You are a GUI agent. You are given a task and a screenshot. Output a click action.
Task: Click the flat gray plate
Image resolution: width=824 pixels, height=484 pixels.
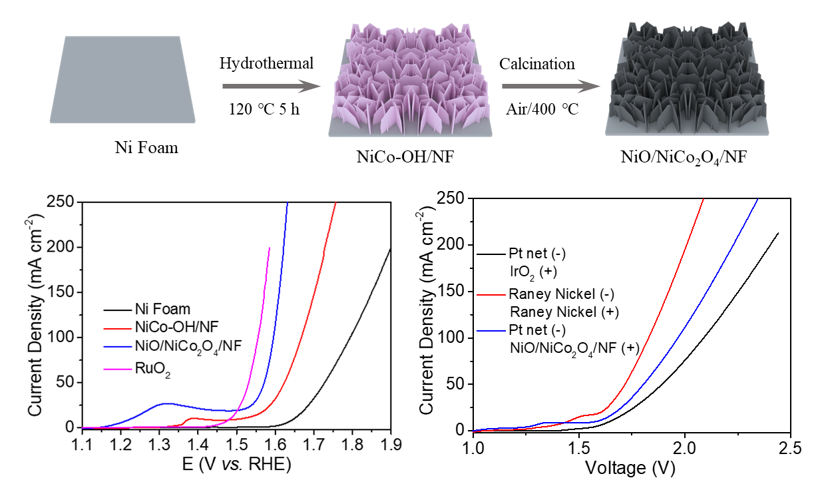coord(122,80)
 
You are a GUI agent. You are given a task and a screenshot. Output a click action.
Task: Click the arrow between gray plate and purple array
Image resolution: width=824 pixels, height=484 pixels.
coord(266,86)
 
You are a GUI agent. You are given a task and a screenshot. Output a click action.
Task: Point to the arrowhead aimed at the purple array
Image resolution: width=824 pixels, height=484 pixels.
coord(310,86)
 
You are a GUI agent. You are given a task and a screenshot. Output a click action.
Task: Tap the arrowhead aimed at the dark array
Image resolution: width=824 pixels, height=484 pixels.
coord(590,86)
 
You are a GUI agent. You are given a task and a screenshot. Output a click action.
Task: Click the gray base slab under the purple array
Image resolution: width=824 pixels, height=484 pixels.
coord(410,132)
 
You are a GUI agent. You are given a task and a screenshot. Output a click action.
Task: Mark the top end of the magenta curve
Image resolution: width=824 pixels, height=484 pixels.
coord(269,248)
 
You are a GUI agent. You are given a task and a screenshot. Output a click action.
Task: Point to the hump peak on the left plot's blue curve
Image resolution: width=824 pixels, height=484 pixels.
coord(168,403)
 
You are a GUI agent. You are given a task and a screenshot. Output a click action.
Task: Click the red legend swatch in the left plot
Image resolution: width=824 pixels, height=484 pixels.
coord(118,328)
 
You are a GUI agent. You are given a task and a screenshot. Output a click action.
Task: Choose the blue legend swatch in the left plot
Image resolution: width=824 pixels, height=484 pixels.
coord(118,346)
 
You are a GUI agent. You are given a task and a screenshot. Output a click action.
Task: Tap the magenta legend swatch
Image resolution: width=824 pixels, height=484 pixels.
coord(118,369)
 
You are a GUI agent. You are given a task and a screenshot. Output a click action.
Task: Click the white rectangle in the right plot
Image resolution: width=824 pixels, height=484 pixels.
coord(506,219)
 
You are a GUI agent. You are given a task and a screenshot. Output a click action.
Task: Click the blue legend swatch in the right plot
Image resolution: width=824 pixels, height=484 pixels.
coord(491,330)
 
